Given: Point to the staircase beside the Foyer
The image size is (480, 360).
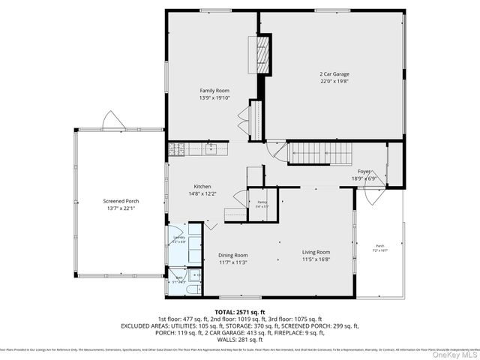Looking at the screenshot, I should click(x=320, y=153).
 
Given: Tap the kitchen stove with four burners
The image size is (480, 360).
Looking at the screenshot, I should click(x=177, y=148).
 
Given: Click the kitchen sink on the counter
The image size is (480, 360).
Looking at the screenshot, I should click(x=212, y=148).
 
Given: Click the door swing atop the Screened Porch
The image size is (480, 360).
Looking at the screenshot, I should click(x=110, y=120).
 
